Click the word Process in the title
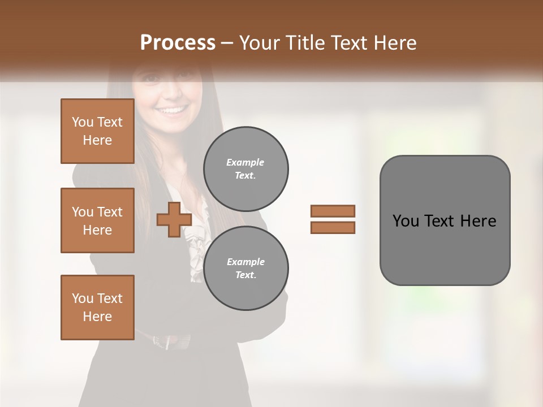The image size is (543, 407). [178, 42]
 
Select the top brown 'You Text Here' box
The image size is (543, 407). [97, 131]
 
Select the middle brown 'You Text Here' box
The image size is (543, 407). [97, 220]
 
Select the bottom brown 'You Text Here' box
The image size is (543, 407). [97, 308]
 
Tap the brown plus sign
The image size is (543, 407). [174, 220]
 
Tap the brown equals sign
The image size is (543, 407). [333, 219]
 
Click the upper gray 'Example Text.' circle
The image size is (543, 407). [245, 169]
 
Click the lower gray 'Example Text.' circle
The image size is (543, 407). [245, 269]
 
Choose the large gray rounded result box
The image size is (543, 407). [445, 220]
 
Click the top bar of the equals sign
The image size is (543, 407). [333, 211]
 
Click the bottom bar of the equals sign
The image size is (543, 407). [333, 228]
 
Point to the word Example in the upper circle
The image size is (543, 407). [245, 162]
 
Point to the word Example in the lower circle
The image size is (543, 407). [245, 262]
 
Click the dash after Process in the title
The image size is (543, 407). [227, 44]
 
